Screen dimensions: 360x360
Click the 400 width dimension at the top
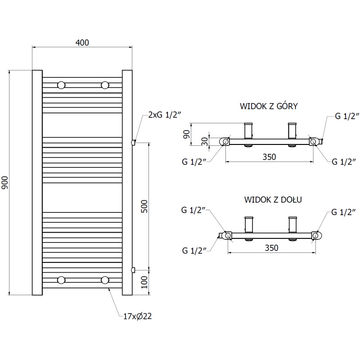(x=82, y=43)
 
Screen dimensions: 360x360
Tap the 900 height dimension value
(x=5, y=182)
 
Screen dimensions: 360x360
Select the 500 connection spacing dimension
(x=144, y=206)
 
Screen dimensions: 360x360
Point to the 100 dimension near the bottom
(x=144, y=282)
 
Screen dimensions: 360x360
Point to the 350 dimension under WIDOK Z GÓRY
(x=269, y=157)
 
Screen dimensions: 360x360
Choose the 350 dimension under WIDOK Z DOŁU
(x=271, y=247)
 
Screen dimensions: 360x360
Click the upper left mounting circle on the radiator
(x=61, y=85)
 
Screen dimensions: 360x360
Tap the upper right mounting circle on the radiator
(x=105, y=85)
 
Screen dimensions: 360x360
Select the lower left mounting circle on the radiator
(x=61, y=280)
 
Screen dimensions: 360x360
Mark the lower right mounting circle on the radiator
(x=105, y=280)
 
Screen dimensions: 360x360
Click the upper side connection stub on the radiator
(x=133, y=142)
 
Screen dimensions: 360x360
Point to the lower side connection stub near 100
(x=133, y=270)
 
